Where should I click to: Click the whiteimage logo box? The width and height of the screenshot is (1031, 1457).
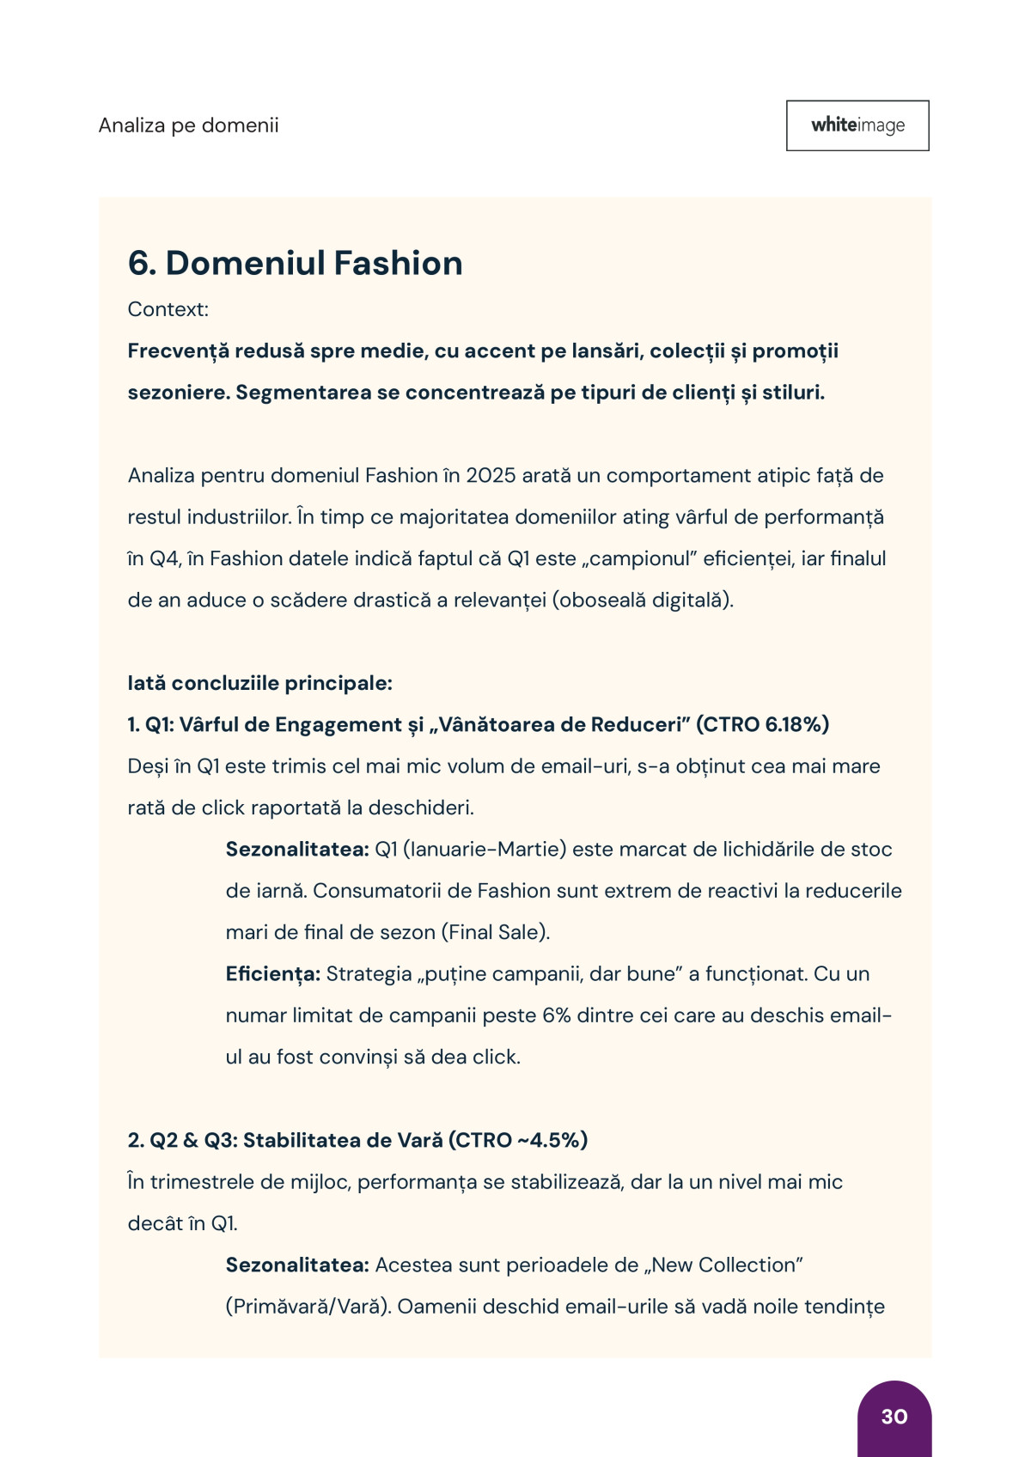coord(857,125)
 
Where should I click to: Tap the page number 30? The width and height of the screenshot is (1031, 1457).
coord(894,1416)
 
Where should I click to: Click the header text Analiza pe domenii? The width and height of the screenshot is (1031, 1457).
coord(188,125)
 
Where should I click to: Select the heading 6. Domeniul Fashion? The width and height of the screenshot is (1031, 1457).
coord(295,263)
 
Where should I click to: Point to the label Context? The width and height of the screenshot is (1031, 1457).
coord(168,309)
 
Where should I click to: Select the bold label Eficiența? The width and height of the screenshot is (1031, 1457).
coord(272,973)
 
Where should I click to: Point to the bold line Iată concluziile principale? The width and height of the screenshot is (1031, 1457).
coord(259,683)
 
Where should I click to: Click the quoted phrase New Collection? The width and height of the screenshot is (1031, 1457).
coord(727,1265)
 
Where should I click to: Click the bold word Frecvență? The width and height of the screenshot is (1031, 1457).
coord(178,351)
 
